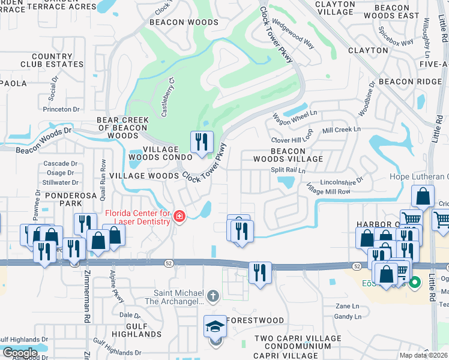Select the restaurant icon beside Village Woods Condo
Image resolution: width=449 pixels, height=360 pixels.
202,142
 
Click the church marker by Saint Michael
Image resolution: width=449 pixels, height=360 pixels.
212,296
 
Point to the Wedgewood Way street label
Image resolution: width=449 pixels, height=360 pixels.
294,37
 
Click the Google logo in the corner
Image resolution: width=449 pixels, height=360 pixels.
19,352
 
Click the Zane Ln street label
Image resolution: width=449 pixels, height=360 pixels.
346,306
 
